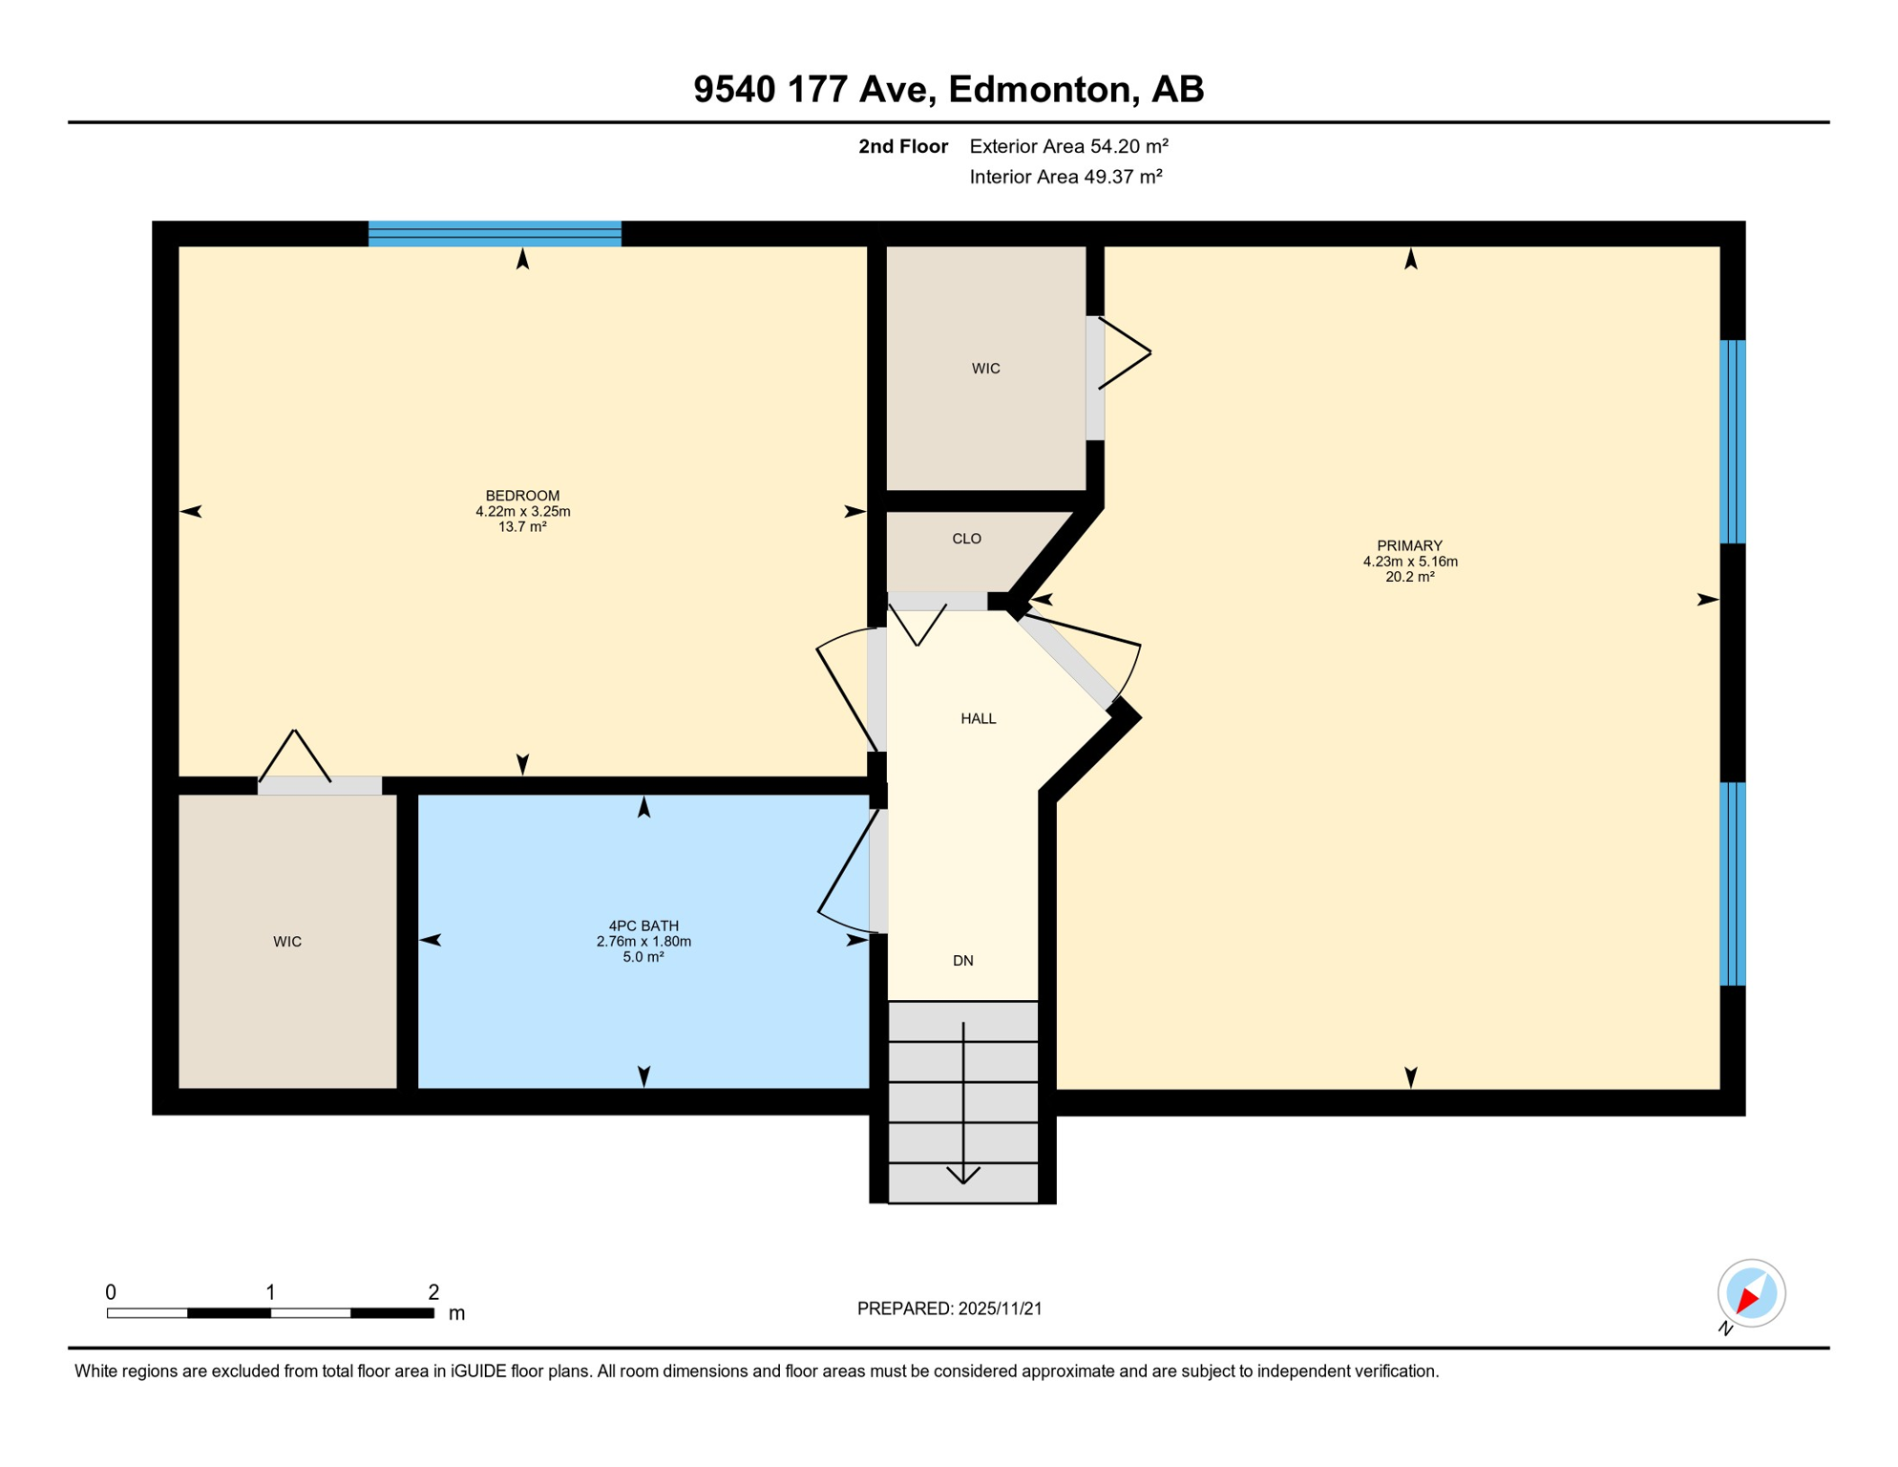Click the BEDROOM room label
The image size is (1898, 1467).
point(522,496)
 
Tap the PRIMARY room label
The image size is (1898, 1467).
point(1409,546)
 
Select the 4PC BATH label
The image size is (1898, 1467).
point(643,925)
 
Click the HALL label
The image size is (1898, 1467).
point(978,719)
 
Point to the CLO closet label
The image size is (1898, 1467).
point(966,539)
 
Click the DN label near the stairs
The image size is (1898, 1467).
point(962,961)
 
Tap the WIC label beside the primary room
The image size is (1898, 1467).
point(985,369)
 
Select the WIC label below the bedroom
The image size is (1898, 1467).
point(287,942)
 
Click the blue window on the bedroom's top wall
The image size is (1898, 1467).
point(495,234)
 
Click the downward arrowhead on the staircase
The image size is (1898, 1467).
point(962,1175)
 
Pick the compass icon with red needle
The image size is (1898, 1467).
point(1751,1293)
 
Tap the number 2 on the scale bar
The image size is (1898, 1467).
point(433,1292)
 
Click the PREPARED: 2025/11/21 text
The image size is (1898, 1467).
point(949,1308)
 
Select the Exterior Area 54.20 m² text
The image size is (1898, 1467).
point(1068,146)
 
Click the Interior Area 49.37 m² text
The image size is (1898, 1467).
point(1065,177)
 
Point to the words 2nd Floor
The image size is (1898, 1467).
point(902,146)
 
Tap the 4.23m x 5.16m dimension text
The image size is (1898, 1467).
point(1409,562)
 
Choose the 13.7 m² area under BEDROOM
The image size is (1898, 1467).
point(522,526)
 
